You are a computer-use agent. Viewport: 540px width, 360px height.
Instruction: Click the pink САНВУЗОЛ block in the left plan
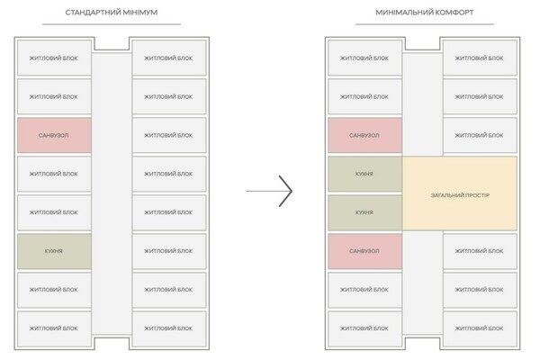point(54,135)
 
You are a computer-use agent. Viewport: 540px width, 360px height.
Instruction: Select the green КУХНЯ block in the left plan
point(54,251)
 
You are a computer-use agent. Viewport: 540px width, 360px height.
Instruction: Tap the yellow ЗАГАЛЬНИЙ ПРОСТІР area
point(460,193)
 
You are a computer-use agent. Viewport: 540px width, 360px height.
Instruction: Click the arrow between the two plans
point(269,191)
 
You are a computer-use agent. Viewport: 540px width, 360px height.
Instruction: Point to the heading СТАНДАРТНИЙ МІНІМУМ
point(112,13)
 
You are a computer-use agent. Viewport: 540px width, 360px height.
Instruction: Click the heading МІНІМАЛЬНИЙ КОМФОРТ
point(425,13)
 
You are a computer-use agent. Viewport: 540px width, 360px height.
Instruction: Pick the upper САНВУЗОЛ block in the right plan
point(365,135)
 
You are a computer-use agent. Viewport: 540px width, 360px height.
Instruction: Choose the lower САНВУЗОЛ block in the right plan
point(365,251)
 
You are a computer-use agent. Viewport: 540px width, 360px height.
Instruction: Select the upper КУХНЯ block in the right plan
point(365,174)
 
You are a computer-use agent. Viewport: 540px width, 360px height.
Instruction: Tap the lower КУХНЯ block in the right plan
point(365,212)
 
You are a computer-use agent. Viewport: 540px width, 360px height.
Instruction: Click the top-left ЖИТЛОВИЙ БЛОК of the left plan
point(54,58)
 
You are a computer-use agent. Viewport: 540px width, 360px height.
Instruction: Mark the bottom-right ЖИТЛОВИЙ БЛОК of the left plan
point(169,328)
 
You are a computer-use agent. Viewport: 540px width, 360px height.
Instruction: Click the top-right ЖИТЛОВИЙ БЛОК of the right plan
point(480,58)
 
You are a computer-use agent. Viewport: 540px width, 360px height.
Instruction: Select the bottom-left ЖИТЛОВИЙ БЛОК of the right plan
point(365,328)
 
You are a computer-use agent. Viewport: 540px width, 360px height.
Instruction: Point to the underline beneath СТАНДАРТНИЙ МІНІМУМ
point(112,24)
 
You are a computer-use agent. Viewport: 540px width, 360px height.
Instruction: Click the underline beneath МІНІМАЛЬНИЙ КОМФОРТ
point(425,24)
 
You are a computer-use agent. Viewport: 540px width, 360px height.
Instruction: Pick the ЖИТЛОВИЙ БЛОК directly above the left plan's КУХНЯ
point(54,212)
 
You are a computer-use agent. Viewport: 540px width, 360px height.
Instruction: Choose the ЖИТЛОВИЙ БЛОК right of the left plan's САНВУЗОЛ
point(169,135)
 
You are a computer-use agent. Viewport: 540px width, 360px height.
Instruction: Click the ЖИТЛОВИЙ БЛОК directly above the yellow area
point(480,135)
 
